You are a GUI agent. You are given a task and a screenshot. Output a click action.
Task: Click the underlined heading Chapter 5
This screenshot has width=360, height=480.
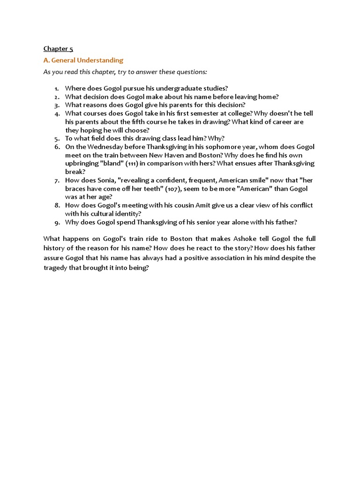[59, 48]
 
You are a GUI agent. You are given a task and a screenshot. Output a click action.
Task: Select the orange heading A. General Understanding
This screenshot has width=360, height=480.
[83, 60]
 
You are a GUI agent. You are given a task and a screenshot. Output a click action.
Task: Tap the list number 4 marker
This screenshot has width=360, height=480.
[57, 113]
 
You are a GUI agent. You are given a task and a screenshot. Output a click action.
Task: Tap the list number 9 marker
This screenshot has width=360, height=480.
[57, 222]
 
